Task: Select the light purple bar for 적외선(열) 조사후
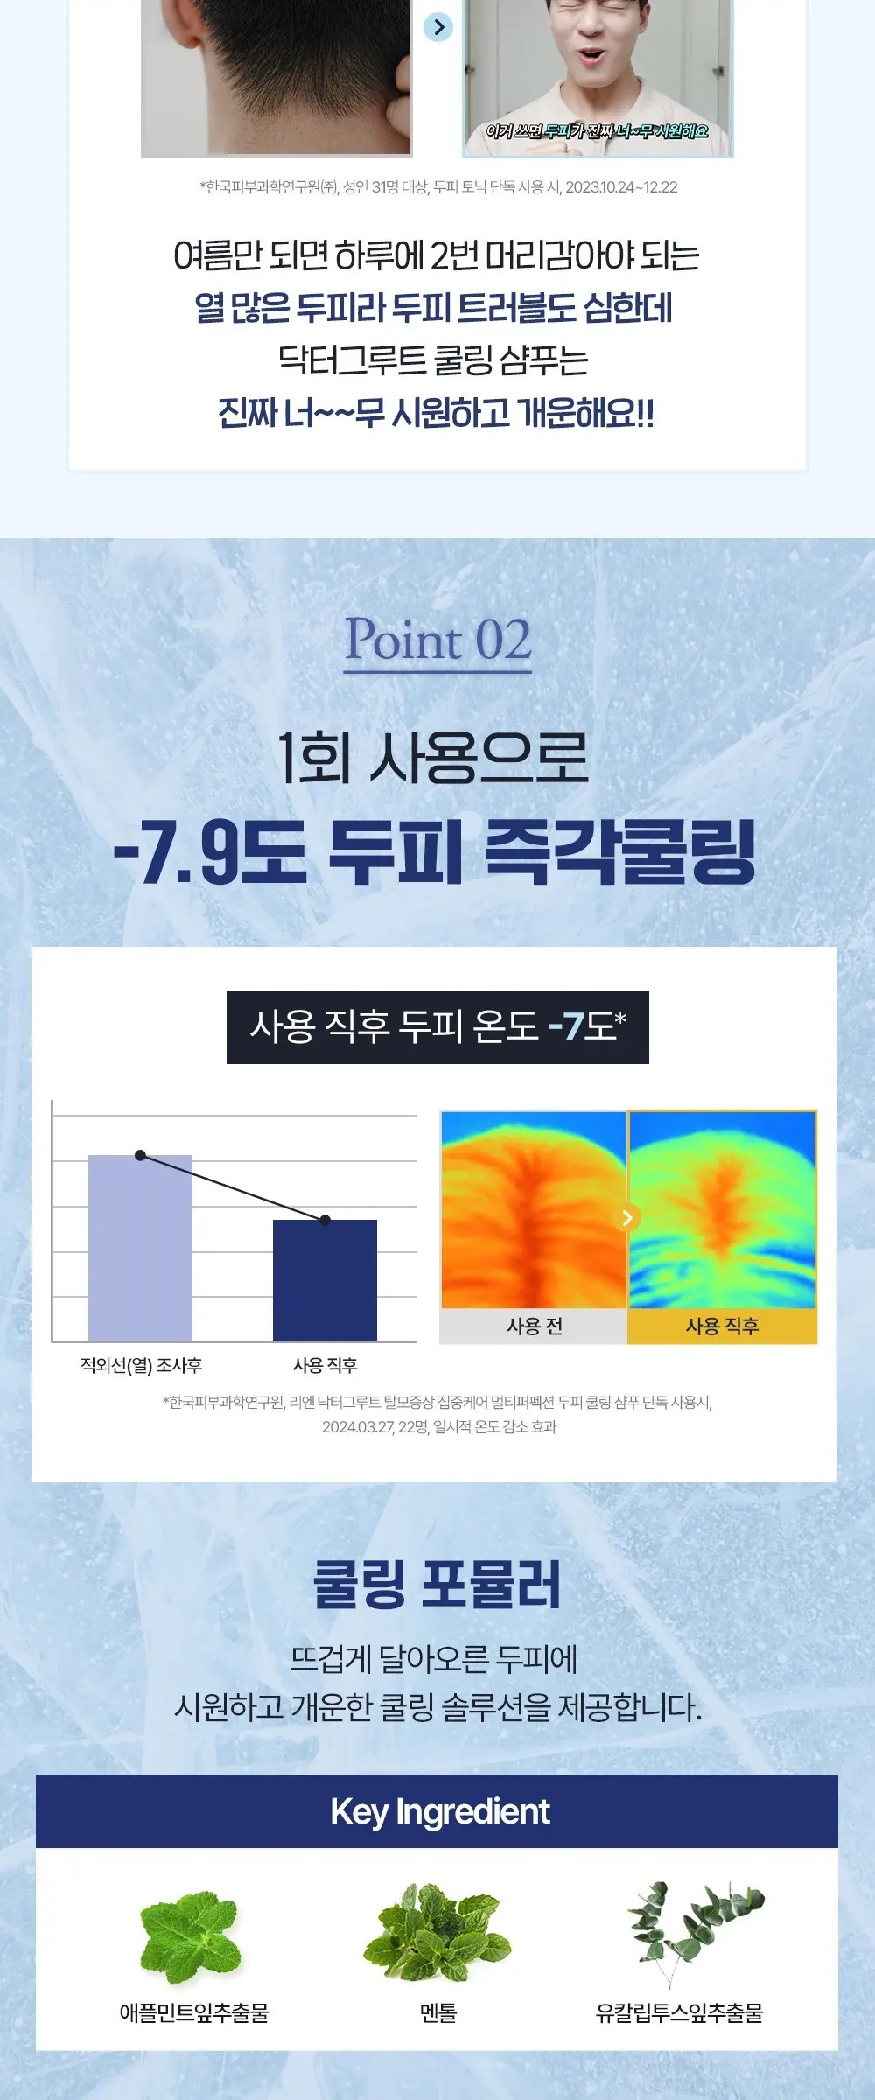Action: pos(140,1248)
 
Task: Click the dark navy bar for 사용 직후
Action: pos(325,1280)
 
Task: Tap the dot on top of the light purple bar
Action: pos(140,1155)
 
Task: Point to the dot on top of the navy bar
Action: pos(325,1220)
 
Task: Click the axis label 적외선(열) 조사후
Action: pos(141,1365)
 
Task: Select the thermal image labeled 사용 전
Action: pos(534,1210)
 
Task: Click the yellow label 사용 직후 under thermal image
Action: pos(722,1326)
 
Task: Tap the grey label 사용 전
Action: pos(534,1326)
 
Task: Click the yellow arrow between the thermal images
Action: pos(626,1217)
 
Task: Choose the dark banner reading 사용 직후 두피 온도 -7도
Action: pos(437,1026)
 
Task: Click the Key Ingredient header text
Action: pos(440,1811)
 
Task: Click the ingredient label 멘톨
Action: pos(438,2013)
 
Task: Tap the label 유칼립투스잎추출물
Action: pos(679,2013)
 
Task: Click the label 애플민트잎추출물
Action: pos(194,2013)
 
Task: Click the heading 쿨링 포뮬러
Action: pos(437,1584)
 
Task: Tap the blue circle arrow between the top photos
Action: pos(438,27)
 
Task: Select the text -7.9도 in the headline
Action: pos(210,852)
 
